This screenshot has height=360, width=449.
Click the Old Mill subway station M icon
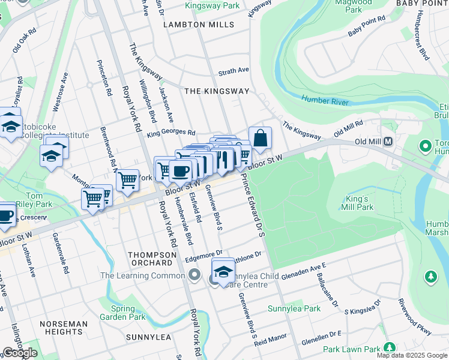tap(388, 142)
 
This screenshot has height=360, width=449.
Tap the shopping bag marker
tap(260, 139)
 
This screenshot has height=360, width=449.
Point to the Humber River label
tap(325, 100)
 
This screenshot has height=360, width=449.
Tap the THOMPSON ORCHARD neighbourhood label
tap(152, 259)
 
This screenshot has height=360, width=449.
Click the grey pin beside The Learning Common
tap(194, 275)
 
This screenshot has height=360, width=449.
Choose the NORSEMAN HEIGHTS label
tap(64, 328)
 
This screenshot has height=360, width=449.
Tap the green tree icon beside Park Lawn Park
tap(390, 347)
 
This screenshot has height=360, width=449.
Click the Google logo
tap(20, 353)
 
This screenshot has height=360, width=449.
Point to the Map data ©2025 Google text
tap(412, 355)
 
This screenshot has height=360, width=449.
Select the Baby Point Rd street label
tap(366, 27)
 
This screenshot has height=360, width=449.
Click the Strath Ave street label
tap(234, 70)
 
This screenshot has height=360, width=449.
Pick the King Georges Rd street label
tap(171, 133)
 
